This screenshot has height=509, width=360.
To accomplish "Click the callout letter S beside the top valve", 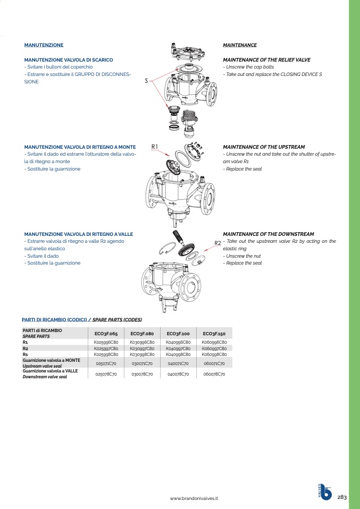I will tap(146, 81).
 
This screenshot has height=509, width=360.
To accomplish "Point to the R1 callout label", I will tap(155, 146).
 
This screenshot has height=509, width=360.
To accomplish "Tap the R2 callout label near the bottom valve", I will tap(217, 243).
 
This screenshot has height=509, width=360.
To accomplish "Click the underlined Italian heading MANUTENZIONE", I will tap(44, 45).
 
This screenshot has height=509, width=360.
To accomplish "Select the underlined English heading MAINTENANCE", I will tap(239, 45).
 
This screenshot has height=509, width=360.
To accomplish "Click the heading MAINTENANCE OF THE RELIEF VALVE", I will tap(266, 60).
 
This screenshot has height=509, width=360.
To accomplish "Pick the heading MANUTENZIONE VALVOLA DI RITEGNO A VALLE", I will tap(79, 234).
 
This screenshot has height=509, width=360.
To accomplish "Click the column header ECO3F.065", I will tap(106, 333).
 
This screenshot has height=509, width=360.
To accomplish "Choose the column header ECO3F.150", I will tap(214, 333).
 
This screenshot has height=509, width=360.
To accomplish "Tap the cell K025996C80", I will tap(106, 342).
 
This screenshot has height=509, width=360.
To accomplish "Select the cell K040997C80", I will tap(178, 348).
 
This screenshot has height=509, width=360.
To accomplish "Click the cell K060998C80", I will tap(214, 354).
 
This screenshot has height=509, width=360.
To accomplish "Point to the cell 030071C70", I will tap(142, 363).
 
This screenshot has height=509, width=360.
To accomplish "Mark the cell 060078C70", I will tap(214, 374).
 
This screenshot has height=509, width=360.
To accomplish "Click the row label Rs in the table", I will tap(25, 354).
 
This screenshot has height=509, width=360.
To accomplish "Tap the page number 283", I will tap(342, 497).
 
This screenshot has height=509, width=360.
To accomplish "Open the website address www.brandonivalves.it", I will tap(195, 498).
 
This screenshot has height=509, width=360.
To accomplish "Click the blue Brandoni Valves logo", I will tap(324, 492).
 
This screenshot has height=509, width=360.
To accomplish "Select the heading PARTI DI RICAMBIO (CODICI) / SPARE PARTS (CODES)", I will tap(81, 320).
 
